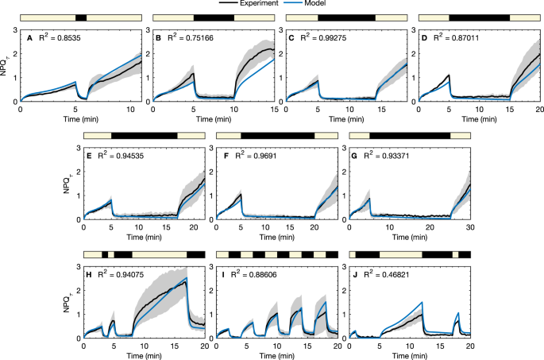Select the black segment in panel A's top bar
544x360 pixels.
[x=80, y=17]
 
